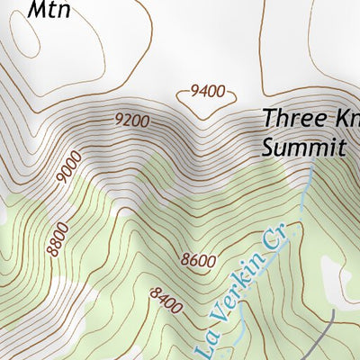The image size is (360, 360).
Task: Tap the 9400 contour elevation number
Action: click(x=206, y=91)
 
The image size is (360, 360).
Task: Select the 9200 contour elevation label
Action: click(x=131, y=119)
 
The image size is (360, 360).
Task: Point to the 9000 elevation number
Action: click(x=68, y=168)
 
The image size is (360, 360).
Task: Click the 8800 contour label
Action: click(x=58, y=237)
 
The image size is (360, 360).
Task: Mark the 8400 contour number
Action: click(x=166, y=300)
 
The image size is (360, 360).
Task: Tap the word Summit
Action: click(x=303, y=147)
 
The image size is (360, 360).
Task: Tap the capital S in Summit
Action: click(x=268, y=147)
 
